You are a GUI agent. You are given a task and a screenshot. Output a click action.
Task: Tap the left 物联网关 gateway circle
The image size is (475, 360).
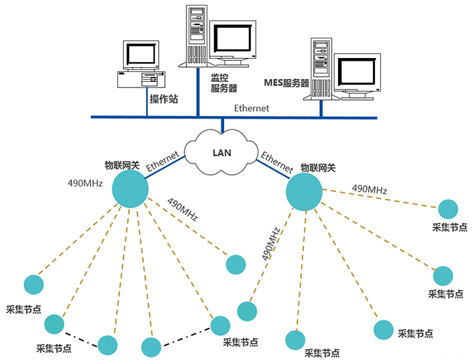130,189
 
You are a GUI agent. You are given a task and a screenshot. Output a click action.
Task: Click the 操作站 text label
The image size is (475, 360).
164,99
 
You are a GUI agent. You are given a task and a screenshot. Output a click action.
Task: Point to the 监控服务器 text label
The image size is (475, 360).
224,83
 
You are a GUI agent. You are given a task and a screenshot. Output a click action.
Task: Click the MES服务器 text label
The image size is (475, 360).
286,83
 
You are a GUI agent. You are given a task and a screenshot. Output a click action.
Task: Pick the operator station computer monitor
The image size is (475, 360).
140,54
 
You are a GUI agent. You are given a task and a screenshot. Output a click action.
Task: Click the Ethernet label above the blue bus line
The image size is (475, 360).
251,108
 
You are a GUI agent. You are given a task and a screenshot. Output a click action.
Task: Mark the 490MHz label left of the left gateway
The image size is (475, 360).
85,184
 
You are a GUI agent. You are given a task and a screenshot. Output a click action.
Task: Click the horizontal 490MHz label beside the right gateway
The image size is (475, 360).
370,189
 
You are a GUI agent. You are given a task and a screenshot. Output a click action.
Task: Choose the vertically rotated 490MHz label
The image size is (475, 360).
272,244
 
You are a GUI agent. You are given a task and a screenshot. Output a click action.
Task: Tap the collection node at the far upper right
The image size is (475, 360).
448,209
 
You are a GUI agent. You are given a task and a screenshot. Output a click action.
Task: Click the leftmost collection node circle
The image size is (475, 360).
33,285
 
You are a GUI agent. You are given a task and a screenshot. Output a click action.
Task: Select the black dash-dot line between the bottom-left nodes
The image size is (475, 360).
80,334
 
